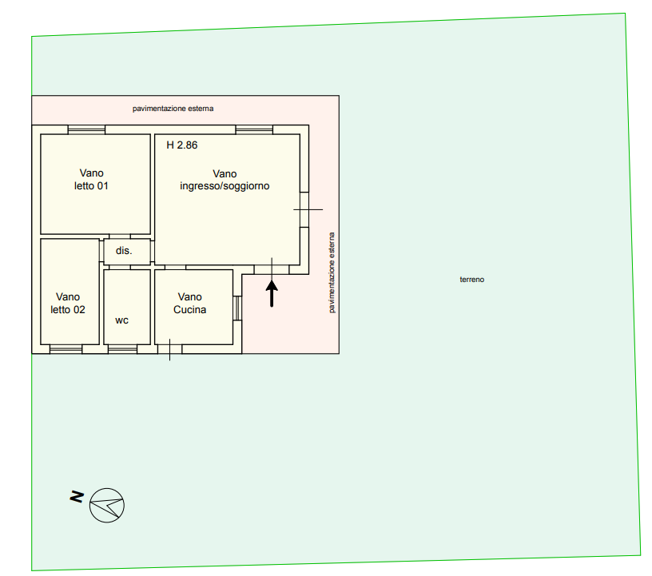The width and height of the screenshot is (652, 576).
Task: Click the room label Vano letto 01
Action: (x=91, y=179)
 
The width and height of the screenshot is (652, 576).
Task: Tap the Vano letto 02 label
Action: (x=68, y=304)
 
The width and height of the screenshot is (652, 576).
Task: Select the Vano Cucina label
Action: (x=189, y=304)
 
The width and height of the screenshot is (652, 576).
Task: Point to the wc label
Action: (x=121, y=320)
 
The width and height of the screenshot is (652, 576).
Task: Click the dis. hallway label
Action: (x=124, y=250)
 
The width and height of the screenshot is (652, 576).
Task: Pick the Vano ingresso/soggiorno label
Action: (x=225, y=180)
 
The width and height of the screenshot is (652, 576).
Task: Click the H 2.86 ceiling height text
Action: (x=181, y=145)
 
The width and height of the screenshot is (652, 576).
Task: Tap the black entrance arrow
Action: (x=272, y=294)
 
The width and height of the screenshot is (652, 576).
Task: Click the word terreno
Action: (x=472, y=280)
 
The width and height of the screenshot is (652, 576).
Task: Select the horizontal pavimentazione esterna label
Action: (x=173, y=109)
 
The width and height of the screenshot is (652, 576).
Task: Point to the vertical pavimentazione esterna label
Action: (x=332, y=272)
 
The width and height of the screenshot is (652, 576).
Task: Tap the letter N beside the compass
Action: (x=77, y=496)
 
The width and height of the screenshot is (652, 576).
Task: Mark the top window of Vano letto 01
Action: (x=86, y=129)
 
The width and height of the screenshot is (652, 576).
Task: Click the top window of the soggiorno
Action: (x=254, y=129)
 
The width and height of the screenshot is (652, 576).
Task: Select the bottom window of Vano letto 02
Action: (x=66, y=349)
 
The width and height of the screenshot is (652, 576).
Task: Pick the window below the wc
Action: (x=123, y=349)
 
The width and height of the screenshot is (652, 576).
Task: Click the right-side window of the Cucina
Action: (x=237, y=308)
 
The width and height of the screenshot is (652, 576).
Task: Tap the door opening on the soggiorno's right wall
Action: (x=304, y=209)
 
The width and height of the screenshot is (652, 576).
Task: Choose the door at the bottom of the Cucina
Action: (x=169, y=349)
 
